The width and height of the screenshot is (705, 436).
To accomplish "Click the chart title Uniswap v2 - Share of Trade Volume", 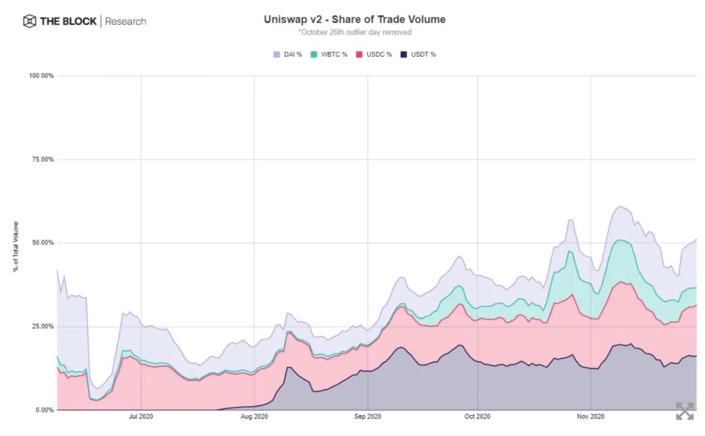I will (354, 20).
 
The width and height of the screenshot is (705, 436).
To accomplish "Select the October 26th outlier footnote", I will (354, 32).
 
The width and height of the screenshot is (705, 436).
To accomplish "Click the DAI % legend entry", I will (288, 54).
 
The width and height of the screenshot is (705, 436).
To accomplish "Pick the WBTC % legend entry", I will (331, 54).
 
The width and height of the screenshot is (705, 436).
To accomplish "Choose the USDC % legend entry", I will (374, 54).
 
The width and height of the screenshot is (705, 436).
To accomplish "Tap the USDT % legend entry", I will (418, 54).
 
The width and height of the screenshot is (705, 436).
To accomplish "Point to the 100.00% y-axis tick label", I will (41, 76).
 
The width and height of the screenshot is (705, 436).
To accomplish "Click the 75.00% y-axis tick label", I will (42, 159).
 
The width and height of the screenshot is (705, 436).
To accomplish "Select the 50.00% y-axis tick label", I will (42, 243).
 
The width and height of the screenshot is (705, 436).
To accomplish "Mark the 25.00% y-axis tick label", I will (42, 326).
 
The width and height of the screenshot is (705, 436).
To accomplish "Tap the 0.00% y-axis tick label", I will (44, 410).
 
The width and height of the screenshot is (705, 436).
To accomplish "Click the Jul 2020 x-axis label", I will (141, 416).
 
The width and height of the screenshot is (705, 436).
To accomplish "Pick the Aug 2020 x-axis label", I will (254, 416).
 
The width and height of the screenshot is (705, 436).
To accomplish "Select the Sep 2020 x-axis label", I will (368, 416).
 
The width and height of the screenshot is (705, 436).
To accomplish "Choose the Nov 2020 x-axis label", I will (590, 416).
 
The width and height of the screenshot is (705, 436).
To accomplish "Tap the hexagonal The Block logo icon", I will (29, 22).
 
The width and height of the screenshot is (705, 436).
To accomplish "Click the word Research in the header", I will (125, 22).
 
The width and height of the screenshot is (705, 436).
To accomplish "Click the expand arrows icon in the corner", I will (685, 411).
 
